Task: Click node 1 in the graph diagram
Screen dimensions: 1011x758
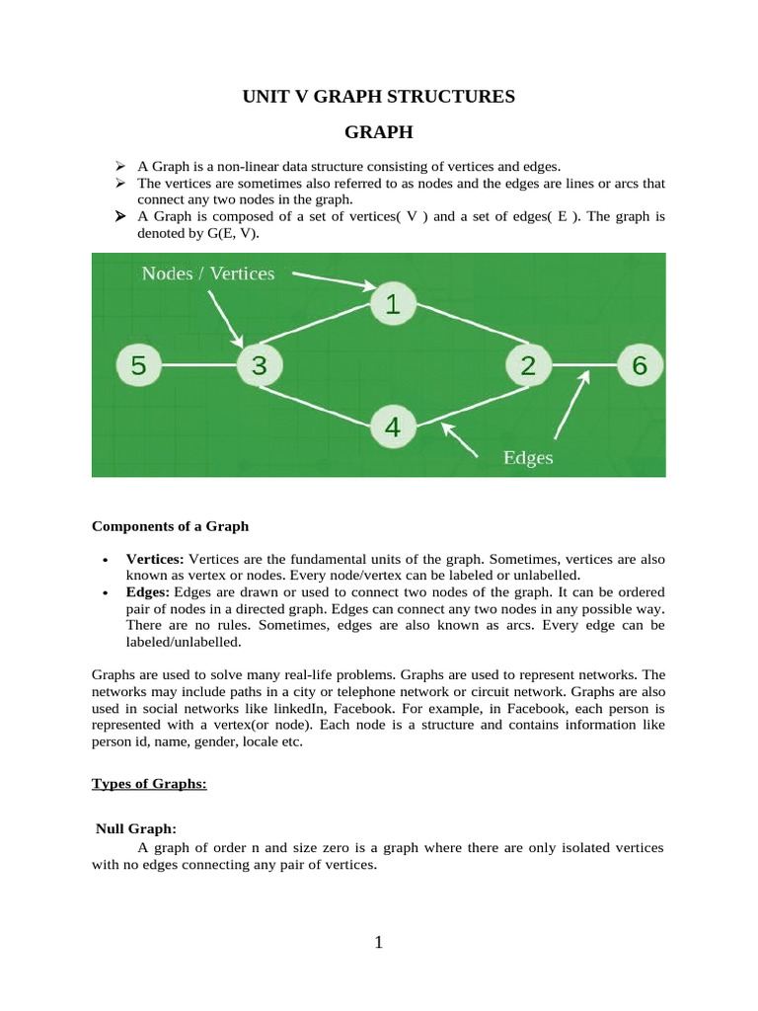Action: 392,305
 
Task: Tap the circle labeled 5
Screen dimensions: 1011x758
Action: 138,366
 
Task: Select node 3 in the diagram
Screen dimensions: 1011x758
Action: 259,366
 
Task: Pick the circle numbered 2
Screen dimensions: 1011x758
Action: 528,366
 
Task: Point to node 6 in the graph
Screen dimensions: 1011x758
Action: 640,366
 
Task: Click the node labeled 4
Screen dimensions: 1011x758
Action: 392,428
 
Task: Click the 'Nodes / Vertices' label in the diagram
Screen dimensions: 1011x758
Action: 208,273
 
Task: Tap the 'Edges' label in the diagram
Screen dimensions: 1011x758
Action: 528,457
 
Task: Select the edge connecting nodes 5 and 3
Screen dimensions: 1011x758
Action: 198,366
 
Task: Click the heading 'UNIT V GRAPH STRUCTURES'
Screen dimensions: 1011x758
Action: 379,96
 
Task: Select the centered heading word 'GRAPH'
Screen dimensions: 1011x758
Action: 379,131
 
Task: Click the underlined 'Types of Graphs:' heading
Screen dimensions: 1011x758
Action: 149,783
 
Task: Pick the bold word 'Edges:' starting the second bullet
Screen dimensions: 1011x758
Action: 148,591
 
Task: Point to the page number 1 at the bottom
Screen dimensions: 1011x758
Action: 378,943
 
